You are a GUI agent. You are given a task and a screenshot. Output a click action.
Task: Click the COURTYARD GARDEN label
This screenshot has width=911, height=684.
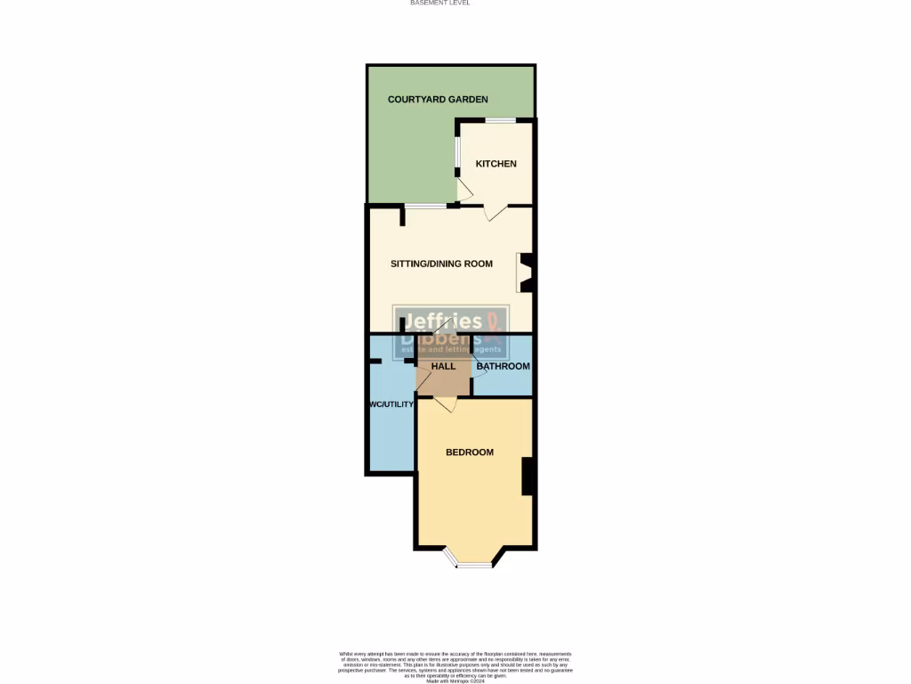(x=438, y=100)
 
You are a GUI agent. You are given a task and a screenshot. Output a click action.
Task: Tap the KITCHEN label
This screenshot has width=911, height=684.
(x=496, y=164)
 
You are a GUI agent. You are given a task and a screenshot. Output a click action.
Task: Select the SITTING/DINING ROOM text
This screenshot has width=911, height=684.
(x=441, y=264)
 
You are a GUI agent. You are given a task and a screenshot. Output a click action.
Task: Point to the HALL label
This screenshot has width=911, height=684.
(x=443, y=366)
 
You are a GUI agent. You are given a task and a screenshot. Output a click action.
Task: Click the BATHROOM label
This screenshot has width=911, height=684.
(x=503, y=366)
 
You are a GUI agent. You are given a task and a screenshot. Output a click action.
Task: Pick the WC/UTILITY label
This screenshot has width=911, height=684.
(x=391, y=404)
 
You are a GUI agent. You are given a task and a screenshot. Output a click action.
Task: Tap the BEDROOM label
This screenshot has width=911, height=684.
(x=469, y=452)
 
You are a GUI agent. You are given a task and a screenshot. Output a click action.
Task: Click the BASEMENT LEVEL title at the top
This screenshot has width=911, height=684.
(x=439, y=4)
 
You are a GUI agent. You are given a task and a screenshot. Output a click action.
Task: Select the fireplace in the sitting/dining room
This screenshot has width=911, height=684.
(x=527, y=274)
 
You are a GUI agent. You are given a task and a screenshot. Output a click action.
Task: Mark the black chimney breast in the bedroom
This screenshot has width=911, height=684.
(x=527, y=476)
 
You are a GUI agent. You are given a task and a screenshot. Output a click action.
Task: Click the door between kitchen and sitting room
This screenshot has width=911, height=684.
(x=495, y=212)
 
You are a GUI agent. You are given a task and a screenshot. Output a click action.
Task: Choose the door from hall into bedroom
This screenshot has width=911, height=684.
(x=447, y=403)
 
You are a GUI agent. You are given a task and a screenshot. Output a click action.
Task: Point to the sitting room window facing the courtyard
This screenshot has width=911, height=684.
(x=426, y=206)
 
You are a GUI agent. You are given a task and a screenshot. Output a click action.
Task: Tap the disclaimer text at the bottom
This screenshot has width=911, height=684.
(x=455, y=666)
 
